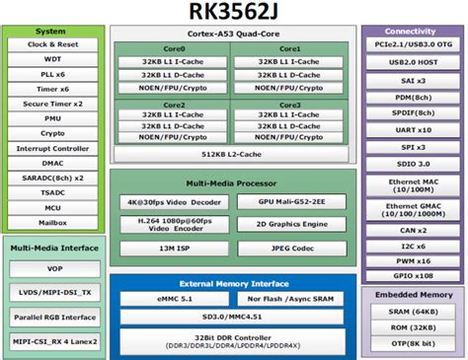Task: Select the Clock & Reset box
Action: [x=52, y=44]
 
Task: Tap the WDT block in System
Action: [x=52, y=59]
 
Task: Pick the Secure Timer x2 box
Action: [x=52, y=104]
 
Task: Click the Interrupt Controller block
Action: [x=52, y=148]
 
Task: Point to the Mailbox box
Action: [x=52, y=223]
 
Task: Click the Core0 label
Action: [x=174, y=48]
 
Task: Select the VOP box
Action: [x=52, y=268]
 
